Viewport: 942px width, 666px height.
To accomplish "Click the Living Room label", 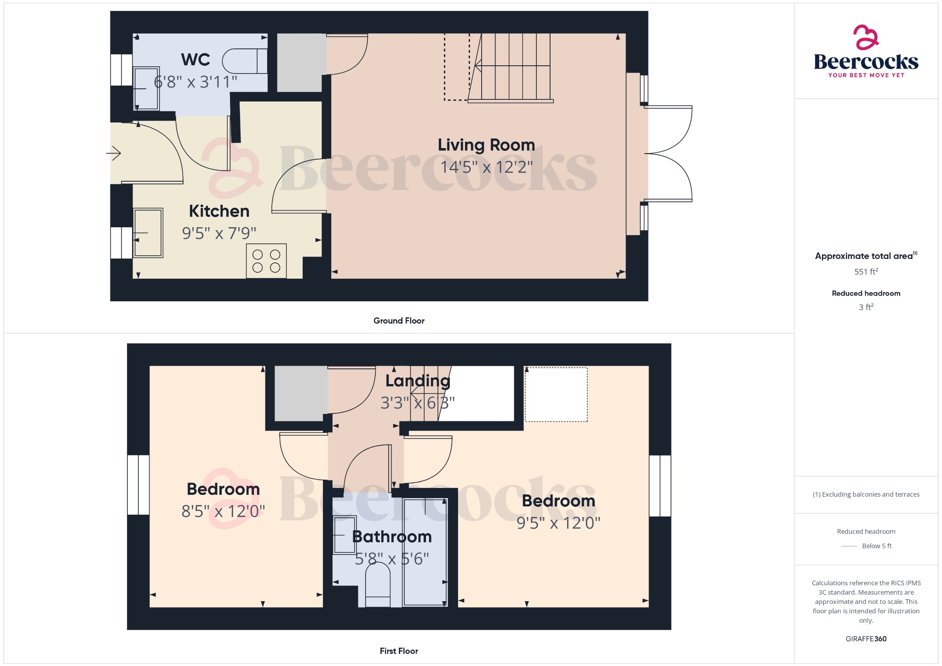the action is click(486, 145).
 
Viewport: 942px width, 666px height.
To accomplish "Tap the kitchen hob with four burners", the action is click(266, 261).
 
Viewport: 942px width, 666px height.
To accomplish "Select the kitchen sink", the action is click(148, 233).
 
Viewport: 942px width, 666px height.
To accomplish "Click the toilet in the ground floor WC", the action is click(245, 61).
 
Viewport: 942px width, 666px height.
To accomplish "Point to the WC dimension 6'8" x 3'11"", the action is click(195, 82).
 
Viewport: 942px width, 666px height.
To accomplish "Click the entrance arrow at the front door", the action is click(114, 153).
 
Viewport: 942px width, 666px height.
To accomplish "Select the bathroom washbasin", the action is click(345, 535).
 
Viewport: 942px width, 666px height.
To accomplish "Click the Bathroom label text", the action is click(392, 537).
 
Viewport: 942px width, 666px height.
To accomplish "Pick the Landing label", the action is click(418, 381).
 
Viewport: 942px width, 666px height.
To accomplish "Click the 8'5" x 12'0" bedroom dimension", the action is click(223, 511).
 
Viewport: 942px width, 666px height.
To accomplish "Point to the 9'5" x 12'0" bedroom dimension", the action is click(558, 523).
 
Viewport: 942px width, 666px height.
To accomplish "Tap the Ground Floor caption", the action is click(399, 321).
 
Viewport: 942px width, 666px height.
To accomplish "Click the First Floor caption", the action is click(399, 651).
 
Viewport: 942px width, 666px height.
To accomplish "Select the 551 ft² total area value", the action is click(866, 271).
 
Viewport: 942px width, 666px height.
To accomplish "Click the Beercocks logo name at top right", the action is click(866, 62).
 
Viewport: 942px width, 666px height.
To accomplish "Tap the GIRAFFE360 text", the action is click(866, 639).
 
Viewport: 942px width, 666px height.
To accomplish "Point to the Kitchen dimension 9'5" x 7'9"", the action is click(219, 233).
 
